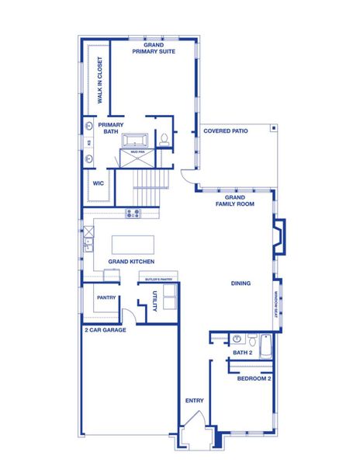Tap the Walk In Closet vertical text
(100, 82)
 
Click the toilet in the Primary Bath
(164, 140)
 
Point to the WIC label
(99, 184)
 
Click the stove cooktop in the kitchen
(133, 213)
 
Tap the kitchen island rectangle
(133, 245)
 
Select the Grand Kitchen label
(128, 263)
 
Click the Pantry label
(106, 297)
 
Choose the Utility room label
(155, 302)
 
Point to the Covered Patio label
(226, 131)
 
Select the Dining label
(241, 283)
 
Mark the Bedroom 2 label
(254, 378)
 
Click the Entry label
(195, 401)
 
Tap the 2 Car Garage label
(105, 330)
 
